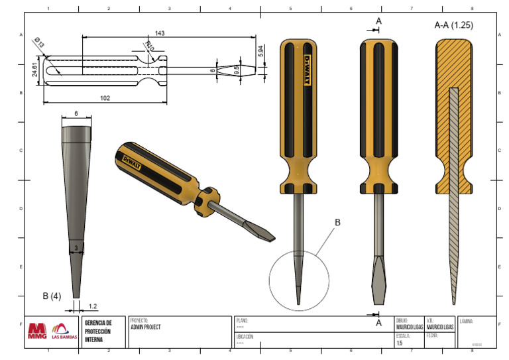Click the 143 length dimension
159,33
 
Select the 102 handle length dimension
105,97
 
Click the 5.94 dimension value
261,50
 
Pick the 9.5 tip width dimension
236,69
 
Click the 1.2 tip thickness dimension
93,306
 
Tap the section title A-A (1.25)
453,25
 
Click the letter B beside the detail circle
337,223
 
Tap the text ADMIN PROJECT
146,327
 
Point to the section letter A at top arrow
379,21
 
